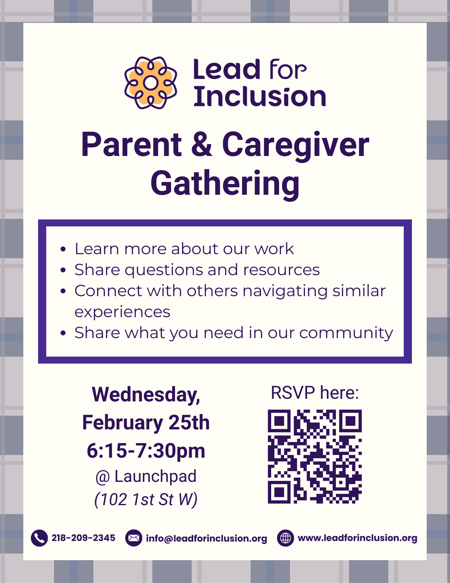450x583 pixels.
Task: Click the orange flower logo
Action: click(151, 83)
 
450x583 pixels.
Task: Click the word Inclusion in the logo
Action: click(260, 97)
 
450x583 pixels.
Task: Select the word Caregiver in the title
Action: click(295, 145)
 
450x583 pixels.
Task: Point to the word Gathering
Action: click(225, 184)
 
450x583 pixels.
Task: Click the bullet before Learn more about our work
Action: click(63, 249)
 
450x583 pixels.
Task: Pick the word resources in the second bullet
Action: click(281, 270)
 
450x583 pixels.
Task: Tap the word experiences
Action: click(122, 312)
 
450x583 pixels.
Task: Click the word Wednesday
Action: click(146, 394)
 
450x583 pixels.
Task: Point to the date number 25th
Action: click(189, 422)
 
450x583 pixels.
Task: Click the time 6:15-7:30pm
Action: click(146, 451)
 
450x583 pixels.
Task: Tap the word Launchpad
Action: click(156, 476)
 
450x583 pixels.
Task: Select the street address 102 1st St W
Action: click(146, 499)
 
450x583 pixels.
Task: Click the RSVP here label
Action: click(315, 393)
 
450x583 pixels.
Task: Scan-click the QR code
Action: click(315, 456)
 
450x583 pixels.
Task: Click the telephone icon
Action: click(39, 538)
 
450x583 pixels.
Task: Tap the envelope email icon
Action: click(134, 538)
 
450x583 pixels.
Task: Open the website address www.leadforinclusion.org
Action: click(357, 538)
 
